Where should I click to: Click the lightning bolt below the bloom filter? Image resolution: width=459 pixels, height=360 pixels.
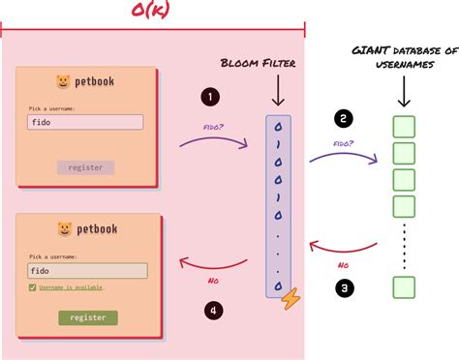point(288,302)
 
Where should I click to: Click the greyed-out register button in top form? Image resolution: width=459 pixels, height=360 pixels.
point(86,167)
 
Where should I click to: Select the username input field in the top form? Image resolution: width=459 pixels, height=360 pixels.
point(86,123)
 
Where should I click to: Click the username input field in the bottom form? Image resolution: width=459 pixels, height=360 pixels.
point(87,271)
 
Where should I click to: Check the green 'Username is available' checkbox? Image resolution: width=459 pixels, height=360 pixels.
point(33,287)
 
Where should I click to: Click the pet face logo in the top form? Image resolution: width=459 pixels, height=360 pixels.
point(63,81)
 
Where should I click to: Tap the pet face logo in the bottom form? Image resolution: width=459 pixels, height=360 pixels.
point(64,229)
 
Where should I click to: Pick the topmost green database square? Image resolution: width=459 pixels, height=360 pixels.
point(404,127)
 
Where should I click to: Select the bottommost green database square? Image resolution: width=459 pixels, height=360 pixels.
point(404,286)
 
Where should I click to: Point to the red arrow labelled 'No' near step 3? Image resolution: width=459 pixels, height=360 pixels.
point(344,249)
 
